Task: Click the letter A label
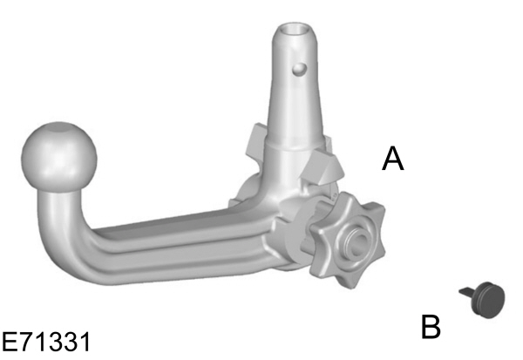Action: click(x=393, y=160)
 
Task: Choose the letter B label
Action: click(x=431, y=327)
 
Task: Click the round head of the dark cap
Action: click(x=490, y=299)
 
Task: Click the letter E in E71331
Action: click(x=10, y=338)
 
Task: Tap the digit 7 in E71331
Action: click(x=25, y=338)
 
